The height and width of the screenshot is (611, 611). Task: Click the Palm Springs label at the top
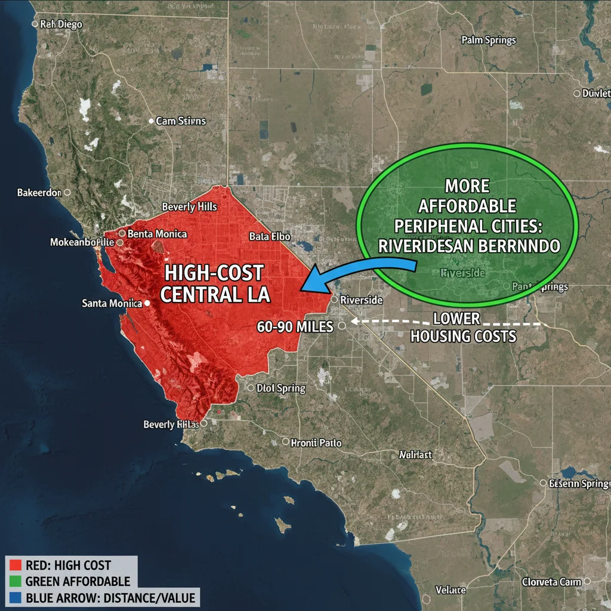(x=489, y=41)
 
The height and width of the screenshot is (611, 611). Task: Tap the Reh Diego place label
(x=61, y=24)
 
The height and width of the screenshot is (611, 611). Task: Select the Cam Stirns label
(x=181, y=121)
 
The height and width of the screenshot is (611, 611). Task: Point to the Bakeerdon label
(x=39, y=193)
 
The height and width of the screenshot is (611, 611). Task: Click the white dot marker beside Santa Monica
(x=147, y=303)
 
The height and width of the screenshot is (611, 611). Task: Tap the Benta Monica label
(x=157, y=234)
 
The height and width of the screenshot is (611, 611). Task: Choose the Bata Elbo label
(x=270, y=236)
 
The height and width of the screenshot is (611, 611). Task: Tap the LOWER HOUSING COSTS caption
(x=464, y=327)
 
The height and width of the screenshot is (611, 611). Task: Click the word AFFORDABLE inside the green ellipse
(x=467, y=206)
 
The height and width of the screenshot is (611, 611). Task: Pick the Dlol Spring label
(x=281, y=388)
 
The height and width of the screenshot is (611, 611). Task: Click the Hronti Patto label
(x=316, y=443)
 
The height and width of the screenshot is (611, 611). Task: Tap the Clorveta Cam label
(x=551, y=582)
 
